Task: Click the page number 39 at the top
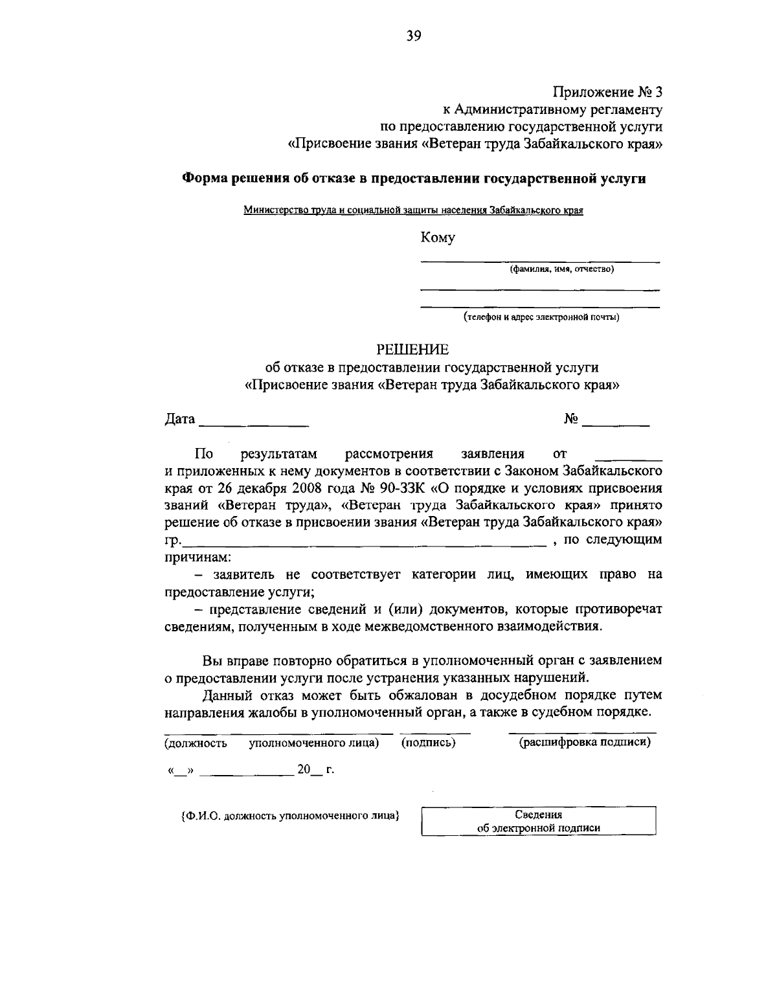coord(414,36)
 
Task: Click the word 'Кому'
coord(438,238)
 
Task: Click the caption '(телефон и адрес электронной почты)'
coord(541,317)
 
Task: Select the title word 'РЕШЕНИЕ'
coord(413,350)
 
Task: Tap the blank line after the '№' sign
coord(616,424)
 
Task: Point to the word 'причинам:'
coord(194,557)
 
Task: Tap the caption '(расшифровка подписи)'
coord(584,742)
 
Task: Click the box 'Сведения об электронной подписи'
coord(539,821)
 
